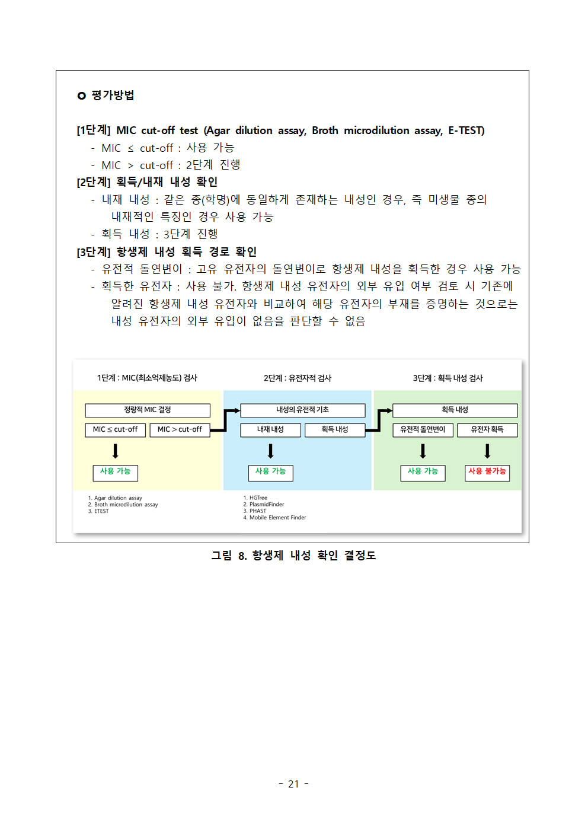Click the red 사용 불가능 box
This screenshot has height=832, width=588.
487,473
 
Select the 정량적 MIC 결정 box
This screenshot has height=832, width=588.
148,410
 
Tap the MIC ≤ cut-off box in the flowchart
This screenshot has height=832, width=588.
115,430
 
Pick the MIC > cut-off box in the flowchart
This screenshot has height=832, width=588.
180,430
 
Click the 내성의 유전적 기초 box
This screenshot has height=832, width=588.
302,410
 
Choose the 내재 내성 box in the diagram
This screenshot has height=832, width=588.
270,430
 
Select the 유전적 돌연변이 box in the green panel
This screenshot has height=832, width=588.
423,430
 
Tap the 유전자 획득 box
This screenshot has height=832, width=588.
487,430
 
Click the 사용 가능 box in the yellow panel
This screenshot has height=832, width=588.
115,473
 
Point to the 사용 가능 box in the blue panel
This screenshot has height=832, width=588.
271,473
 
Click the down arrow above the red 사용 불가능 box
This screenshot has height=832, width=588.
487,451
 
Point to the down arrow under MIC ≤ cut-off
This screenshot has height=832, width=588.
116,451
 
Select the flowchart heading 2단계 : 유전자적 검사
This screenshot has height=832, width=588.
298,378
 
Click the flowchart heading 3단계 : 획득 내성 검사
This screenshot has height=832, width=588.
448,378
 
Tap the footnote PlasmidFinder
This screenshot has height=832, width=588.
267,505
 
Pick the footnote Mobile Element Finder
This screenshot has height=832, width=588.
277,517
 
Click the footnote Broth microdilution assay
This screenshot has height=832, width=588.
126,505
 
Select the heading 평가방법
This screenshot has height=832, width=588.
113,95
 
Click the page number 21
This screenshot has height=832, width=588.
293,784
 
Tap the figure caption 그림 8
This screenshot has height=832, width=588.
229,556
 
